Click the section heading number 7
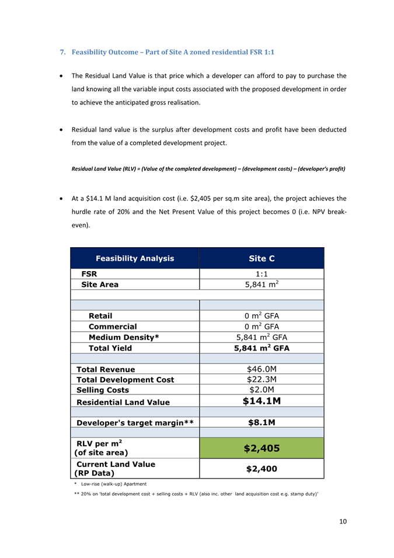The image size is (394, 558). coord(63,53)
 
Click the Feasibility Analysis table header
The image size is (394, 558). coord(135,258)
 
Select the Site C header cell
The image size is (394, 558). coord(261,258)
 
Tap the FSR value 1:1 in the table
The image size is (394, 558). coord(261,273)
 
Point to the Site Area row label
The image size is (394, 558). coord(100,285)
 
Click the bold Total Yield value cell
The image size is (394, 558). coord(261,348)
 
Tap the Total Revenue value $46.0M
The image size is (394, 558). coord(261,369)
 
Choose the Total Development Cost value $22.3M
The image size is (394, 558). coord(261,380)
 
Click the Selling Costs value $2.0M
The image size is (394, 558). coord(261,390)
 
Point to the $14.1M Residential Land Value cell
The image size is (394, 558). coord(261,401)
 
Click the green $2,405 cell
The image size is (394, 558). coord(261,449)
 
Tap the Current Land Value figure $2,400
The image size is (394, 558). coord(261,469)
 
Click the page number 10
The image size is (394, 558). coord(343,521)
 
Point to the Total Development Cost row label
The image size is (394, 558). coord(121,380)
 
